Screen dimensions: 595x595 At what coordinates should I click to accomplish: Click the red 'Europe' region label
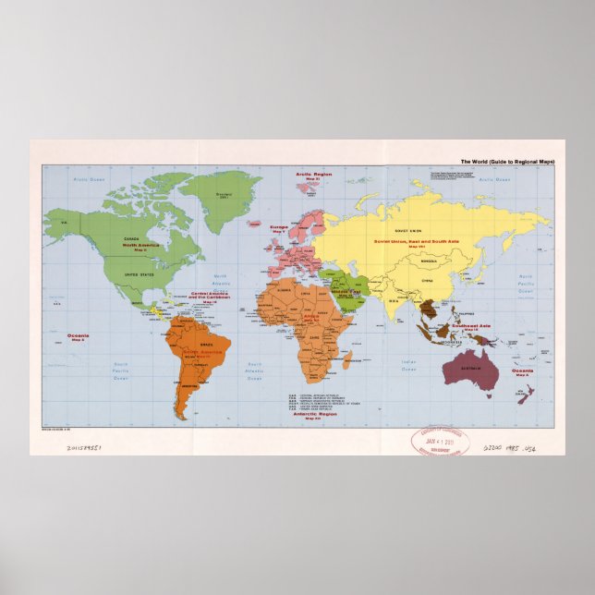(279, 225)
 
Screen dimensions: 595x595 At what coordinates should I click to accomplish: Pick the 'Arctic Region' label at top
(314, 173)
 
